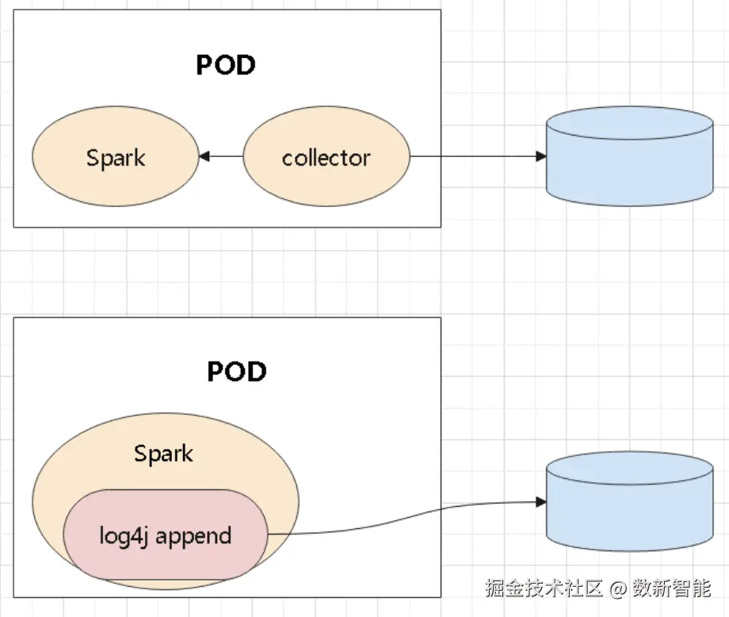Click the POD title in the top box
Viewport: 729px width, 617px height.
coord(226,65)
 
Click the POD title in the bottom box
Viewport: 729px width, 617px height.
coord(236,371)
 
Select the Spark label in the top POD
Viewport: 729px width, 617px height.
coord(116,157)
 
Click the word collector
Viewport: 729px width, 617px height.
coord(326,158)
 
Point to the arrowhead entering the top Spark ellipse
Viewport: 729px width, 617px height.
coord(204,157)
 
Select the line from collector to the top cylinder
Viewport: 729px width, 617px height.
coord(475,157)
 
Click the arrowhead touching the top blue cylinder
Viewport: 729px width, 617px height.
coord(542,157)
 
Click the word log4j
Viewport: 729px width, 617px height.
coord(125,536)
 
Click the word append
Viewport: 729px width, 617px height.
coord(194,536)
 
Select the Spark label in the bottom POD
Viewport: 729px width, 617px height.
coord(163,454)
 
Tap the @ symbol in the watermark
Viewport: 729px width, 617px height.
coord(619,588)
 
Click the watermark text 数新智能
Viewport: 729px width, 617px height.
coord(671,588)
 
